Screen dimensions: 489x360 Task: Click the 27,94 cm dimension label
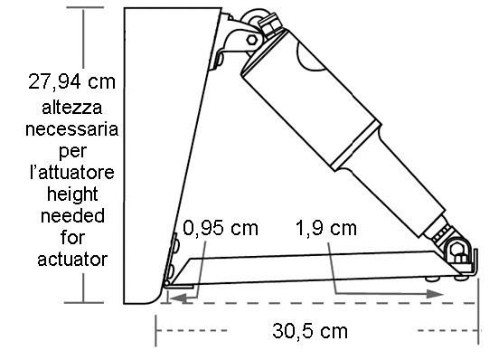click(x=71, y=81)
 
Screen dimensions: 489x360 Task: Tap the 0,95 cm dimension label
click(x=221, y=228)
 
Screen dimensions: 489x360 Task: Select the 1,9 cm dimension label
click(x=326, y=228)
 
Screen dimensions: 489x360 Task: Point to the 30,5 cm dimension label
click(x=310, y=331)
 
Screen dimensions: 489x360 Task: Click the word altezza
click(x=72, y=108)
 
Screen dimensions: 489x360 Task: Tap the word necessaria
click(x=71, y=129)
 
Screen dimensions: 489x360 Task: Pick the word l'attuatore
click(x=72, y=172)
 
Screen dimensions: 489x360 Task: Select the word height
click(x=72, y=195)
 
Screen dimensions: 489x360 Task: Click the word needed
click(x=72, y=216)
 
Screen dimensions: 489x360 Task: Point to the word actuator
click(x=72, y=260)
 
